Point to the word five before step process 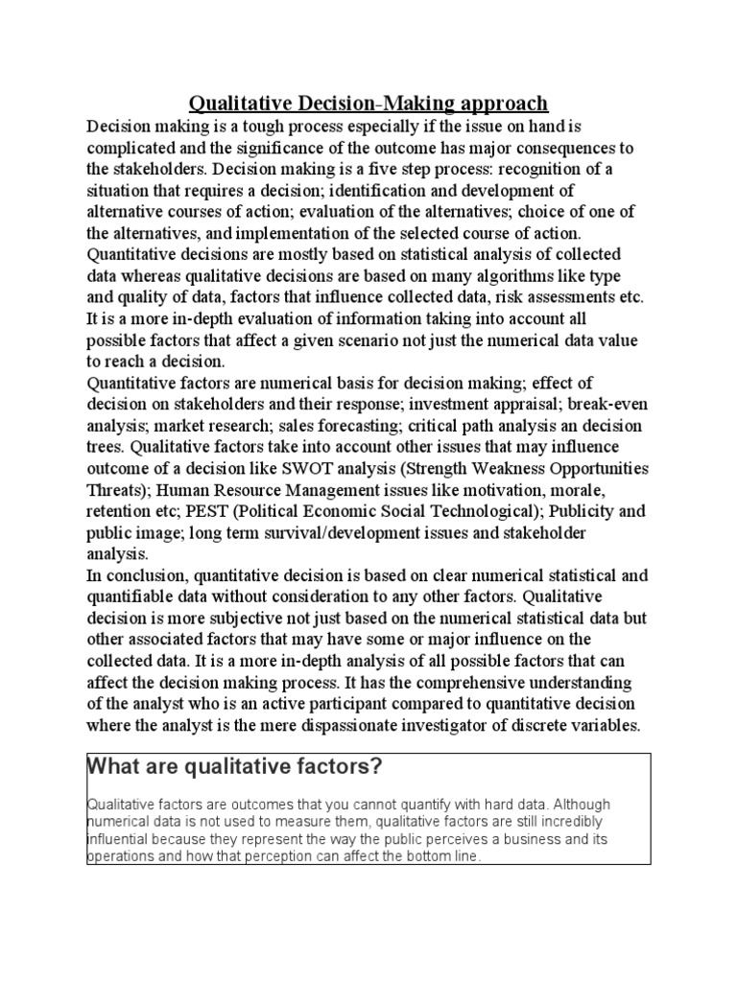pyautogui.click(x=459, y=169)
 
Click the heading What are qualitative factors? pyautogui.click(x=235, y=767)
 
